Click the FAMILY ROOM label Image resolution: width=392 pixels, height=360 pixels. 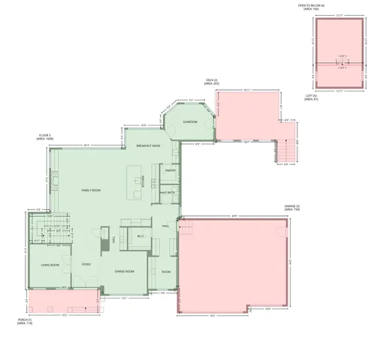(x=91, y=191)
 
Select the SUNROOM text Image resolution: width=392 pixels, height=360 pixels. (x=190, y=121)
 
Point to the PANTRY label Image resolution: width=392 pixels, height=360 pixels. (x=170, y=170)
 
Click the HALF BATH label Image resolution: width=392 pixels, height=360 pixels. (x=167, y=193)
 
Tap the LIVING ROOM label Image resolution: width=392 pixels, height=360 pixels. (x=50, y=265)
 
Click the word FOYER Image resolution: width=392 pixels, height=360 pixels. (x=86, y=265)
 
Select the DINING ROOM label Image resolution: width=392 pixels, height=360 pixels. (x=125, y=271)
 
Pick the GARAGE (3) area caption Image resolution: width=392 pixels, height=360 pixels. (x=292, y=207)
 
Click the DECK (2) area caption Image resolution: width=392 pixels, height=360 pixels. (x=212, y=82)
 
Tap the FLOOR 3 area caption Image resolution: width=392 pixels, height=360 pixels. (x=46, y=137)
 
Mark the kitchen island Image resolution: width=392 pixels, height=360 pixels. (x=137, y=181)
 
